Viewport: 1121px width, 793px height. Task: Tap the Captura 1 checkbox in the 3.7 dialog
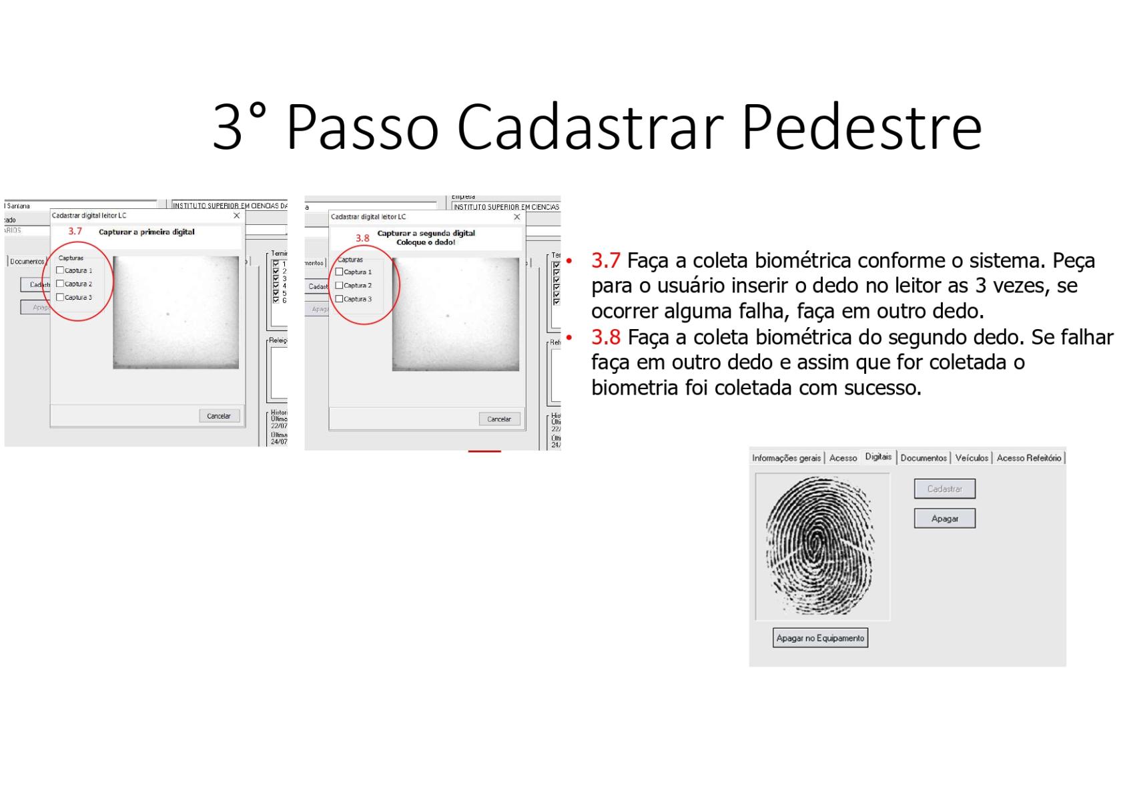coord(60,270)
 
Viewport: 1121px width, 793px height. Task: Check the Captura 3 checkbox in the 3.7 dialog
coord(60,297)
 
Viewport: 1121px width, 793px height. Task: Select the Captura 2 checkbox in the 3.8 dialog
coord(339,286)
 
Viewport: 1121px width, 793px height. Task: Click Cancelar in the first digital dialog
coord(219,416)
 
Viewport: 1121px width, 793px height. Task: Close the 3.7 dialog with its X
coord(236,216)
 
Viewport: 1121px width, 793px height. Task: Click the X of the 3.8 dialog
coord(516,217)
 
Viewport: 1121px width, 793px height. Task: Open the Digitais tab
coord(877,457)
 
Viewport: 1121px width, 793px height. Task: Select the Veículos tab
coord(971,458)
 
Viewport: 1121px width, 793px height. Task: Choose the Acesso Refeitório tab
coord(1028,458)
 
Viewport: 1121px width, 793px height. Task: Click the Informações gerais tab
coord(786,458)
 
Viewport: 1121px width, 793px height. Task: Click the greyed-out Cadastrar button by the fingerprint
coord(944,489)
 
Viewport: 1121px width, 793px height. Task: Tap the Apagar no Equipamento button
coord(820,638)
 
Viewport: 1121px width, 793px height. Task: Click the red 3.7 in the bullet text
coord(605,260)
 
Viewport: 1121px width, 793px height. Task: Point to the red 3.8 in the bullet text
coord(605,337)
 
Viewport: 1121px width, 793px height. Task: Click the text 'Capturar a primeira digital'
coord(147,232)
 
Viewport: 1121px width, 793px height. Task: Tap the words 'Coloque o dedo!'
coord(426,242)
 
